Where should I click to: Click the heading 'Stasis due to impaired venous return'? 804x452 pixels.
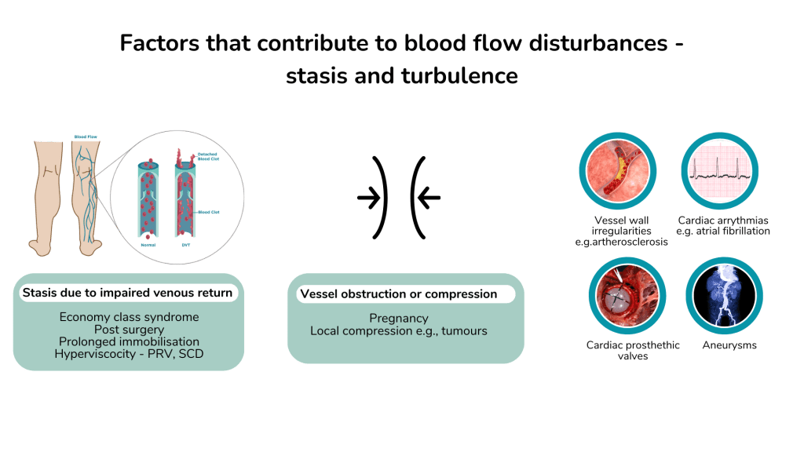pyautogui.click(x=127, y=293)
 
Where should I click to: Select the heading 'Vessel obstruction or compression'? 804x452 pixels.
pyautogui.click(x=398, y=294)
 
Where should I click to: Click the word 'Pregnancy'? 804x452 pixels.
pyautogui.click(x=399, y=319)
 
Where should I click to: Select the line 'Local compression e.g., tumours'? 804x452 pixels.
pyautogui.click(x=399, y=331)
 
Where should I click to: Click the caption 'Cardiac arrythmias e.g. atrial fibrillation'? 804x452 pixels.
pyautogui.click(x=723, y=226)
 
